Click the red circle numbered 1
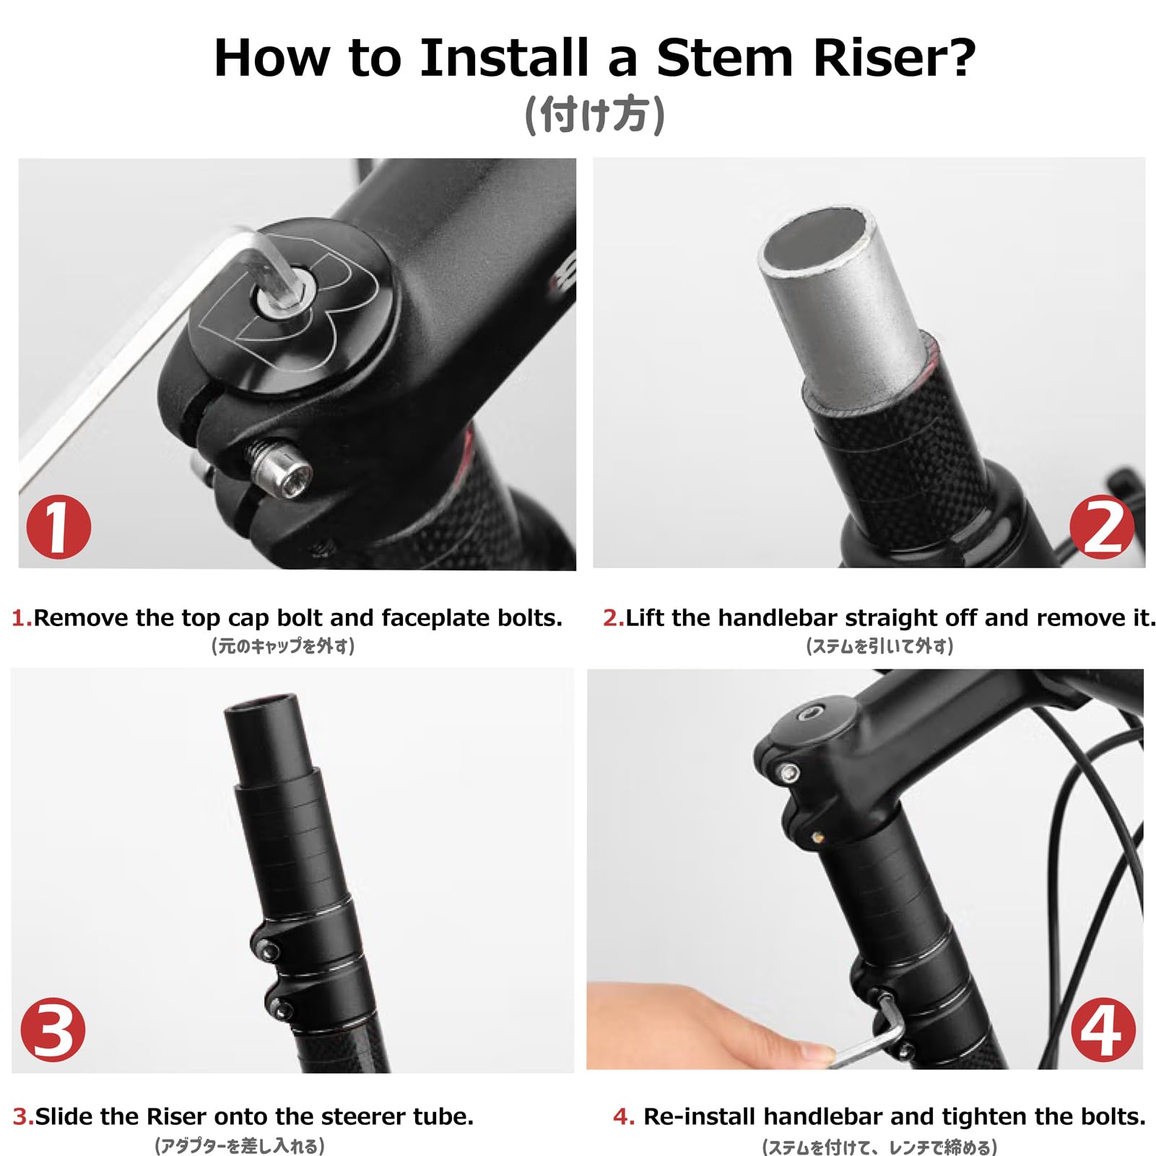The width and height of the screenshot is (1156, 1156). tap(58, 526)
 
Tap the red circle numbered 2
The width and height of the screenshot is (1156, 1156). tap(1102, 526)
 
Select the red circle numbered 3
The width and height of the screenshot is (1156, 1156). tap(53, 1030)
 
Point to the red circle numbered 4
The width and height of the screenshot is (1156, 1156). tap(1103, 1030)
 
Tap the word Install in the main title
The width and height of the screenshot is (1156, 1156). tap(504, 58)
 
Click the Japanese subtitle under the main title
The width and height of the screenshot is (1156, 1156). tap(594, 116)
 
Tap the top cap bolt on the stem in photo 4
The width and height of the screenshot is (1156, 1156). tap(808, 715)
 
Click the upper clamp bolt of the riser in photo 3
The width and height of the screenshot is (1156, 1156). tap(269, 952)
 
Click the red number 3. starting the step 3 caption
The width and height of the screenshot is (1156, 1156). tap(23, 1116)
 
